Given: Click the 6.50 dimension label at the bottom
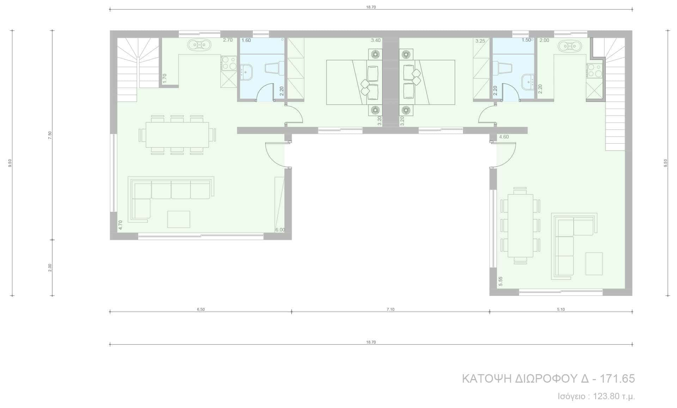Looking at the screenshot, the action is click(x=200, y=309).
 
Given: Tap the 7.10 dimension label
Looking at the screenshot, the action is click(x=390, y=309).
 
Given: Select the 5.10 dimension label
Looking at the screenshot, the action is click(x=561, y=309).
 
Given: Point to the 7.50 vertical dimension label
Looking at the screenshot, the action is click(x=50, y=135).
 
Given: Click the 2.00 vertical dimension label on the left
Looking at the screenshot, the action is click(x=50, y=268).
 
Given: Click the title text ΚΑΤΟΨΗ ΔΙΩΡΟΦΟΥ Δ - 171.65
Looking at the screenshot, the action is click(x=548, y=379).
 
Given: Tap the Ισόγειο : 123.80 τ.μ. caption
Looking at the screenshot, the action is click(x=596, y=396).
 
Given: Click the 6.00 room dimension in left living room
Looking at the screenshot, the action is click(x=280, y=230).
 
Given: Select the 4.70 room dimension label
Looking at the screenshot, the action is click(x=120, y=225).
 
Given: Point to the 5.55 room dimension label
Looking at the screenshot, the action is click(x=500, y=281).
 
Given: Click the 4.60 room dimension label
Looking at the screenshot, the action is click(x=504, y=137).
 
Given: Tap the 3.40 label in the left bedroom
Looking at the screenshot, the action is click(x=376, y=41).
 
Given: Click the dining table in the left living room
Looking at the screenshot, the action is click(x=177, y=135).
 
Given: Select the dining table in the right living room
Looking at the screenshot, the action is click(x=520, y=225).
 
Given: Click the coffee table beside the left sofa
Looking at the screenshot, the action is click(x=178, y=219).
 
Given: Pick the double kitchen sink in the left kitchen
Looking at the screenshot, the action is click(x=199, y=45).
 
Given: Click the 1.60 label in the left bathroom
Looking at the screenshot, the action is click(x=246, y=41).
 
